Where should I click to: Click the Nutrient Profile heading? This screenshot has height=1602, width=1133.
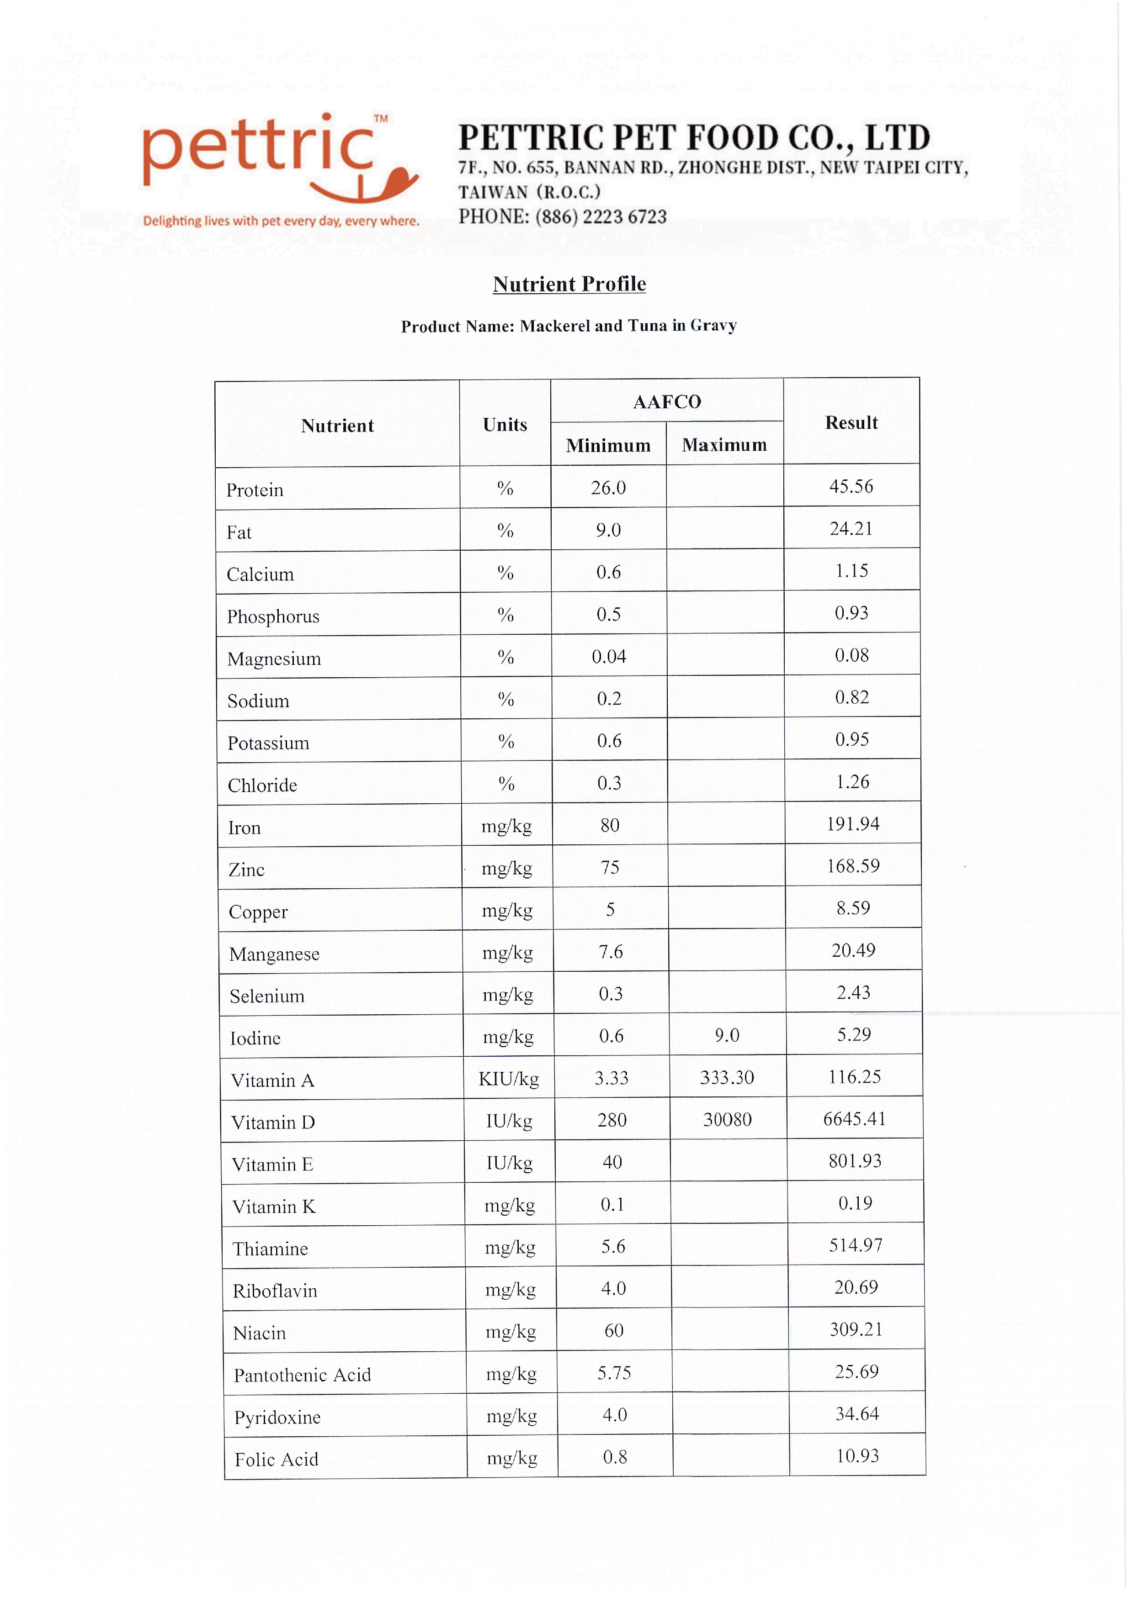569,284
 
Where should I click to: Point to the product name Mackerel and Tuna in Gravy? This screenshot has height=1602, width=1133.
628,326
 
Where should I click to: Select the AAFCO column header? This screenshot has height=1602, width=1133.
667,402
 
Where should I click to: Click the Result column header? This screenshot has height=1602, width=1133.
851,423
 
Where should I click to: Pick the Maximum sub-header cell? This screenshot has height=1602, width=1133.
724,445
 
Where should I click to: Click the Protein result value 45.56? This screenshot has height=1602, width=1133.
851,486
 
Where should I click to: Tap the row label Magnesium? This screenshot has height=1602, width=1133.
274,659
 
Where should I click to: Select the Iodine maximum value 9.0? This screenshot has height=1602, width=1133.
727,1035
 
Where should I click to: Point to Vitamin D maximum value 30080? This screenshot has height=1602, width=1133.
728,1120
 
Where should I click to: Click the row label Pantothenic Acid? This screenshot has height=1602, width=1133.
302,1375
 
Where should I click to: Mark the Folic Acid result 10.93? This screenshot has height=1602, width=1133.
857,1456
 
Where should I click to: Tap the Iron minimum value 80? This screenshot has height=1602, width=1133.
609,825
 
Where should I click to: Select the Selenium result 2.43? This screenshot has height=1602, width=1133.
853,992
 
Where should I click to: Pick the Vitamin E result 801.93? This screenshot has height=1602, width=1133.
855,1161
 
